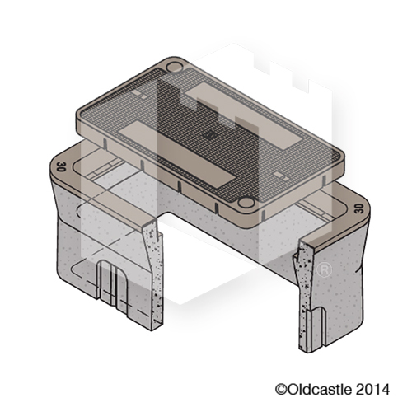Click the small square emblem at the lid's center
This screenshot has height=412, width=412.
pos(208,131)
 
